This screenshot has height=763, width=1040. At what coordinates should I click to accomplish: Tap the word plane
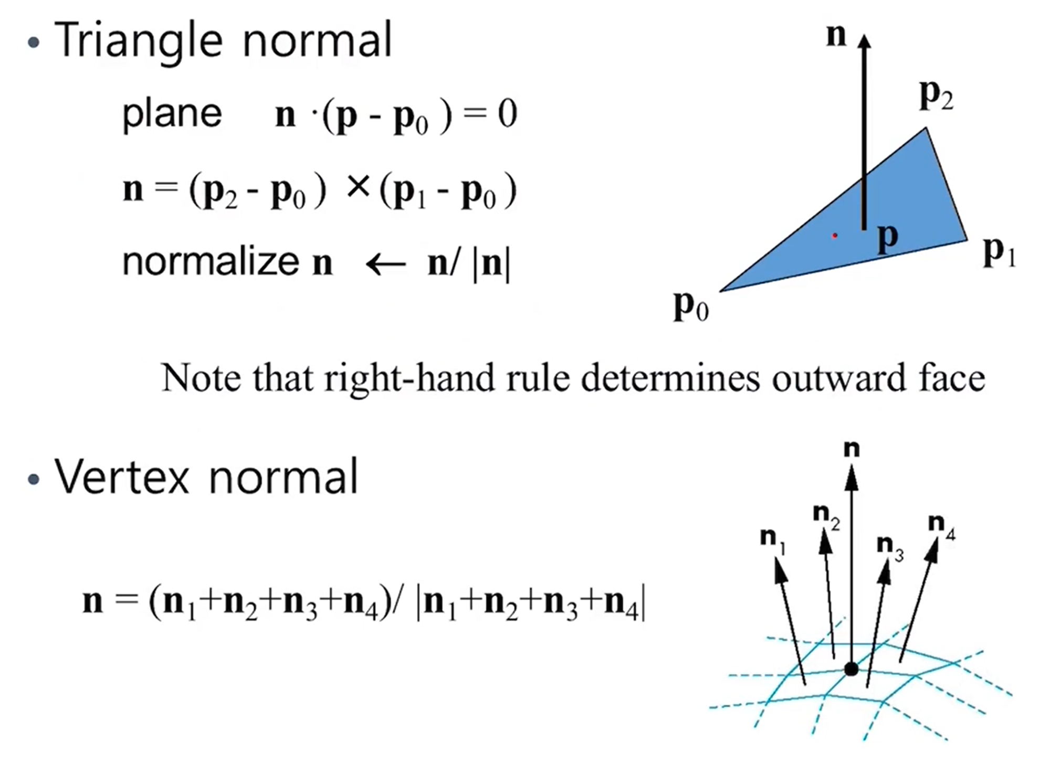[x=172, y=114]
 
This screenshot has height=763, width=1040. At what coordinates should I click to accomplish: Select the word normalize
[x=211, y=262]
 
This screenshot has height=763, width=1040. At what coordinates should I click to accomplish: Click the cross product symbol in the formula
[x=359, y=187]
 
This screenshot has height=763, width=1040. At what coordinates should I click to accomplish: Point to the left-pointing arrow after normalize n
[x=386, y=263]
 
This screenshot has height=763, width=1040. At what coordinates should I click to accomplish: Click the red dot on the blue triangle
[x=834, y=236]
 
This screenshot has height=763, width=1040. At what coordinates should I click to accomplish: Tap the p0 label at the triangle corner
[x=691, y=305]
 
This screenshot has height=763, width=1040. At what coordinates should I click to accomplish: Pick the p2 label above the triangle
[x=936, y=96]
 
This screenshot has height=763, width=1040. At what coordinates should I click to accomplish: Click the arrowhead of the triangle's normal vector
[x=864, y=42]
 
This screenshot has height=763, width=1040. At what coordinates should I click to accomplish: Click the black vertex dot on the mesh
[x=851, y=669]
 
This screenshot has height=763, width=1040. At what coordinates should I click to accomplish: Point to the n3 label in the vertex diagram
[x=890, y=547]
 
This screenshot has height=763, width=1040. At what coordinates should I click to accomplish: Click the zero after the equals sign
[x=507, y=114]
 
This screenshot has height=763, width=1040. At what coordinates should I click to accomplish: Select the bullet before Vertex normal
[x=34, y=479]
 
